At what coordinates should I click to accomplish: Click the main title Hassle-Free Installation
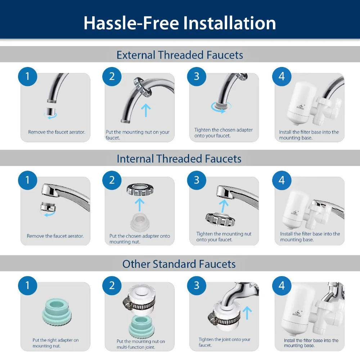coord(180,23)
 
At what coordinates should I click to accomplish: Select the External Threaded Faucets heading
coord(180,55)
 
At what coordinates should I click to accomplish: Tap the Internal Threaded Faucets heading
coord(179,159)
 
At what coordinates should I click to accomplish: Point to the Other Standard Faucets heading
coord(179,264)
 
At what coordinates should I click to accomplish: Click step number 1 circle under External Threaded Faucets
coord(28,76)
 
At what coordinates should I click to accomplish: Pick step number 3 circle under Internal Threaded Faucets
coord(197,180)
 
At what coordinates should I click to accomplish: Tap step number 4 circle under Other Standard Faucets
coord(282,286)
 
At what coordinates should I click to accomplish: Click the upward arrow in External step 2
coord(146,110)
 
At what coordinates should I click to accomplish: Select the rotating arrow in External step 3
coord(221,108)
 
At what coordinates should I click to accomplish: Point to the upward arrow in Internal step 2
coord(140,205)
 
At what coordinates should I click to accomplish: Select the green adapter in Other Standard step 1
coord(57,312)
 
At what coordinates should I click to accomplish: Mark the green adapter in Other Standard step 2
coord(141,327)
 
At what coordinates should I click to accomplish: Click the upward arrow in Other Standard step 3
coord(247,313)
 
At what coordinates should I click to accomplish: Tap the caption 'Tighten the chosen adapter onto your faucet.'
coord(224,133)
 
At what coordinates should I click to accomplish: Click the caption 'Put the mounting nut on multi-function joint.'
coord(141,344)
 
